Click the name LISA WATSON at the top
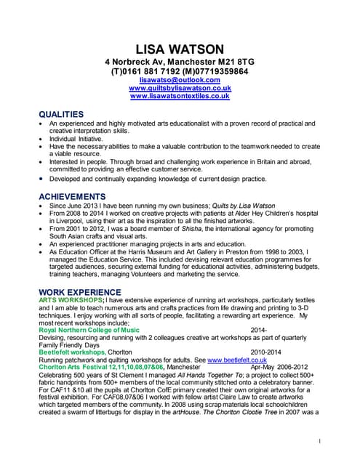[180, 49]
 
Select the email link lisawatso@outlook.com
[180, 80]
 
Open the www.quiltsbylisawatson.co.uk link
[180, 88]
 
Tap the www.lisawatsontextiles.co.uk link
[180, 96]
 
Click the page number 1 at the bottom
[320, 441]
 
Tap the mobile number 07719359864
[218, 72]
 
